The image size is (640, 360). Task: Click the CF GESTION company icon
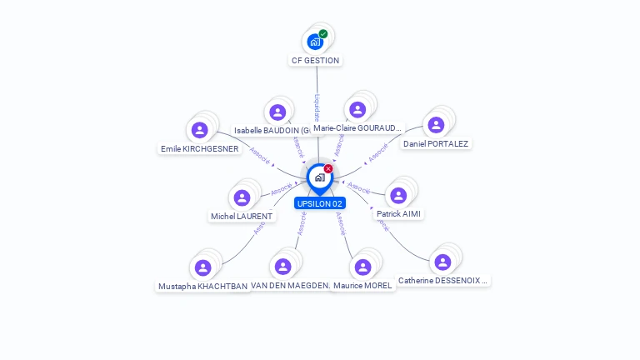point(315,41)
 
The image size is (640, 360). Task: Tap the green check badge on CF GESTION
point(323,34)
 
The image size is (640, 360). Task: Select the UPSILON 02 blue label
point(319,203)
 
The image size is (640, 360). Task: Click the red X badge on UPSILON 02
point(328,169)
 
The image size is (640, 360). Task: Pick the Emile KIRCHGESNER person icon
point(199,130)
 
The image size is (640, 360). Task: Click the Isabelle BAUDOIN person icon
point(277,112)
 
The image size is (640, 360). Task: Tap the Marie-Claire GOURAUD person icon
point(357,110)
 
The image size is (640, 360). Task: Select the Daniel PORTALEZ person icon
point(436,125)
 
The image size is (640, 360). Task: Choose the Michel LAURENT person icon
point(242,197)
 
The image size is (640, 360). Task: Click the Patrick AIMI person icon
point(398,195)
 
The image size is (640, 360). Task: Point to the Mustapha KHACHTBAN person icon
point(202,267)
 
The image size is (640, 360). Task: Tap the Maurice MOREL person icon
point(362,267)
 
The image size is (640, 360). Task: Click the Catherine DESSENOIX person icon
point(442,262)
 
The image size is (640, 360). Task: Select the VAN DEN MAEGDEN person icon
point(282,267)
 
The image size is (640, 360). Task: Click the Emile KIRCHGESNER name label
point(200,149)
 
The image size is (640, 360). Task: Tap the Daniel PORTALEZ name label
point(436,143)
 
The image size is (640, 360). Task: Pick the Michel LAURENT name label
point(242,217)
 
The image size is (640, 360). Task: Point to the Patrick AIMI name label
point(399,214)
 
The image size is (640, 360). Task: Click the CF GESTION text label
point(315,61)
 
